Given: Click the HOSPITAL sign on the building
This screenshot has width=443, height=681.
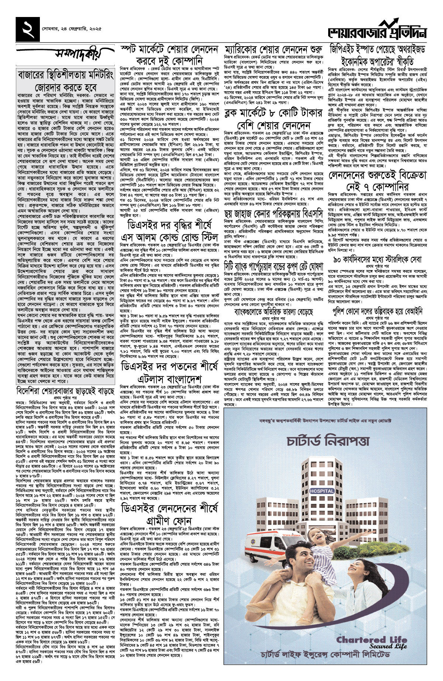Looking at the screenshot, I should [x=322, y=491].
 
